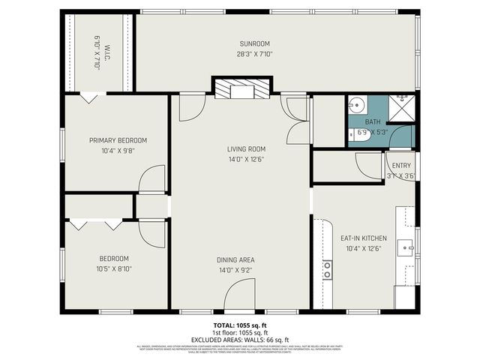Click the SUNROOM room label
tap(254, 43)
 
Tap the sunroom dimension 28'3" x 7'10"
tap(254, 53)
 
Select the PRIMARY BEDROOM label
tap(118, 140)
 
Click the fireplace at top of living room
tap(240, 90)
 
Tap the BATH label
tap(373, 122)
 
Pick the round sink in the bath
tap(357, 105)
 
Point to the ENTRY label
tap(400, 166)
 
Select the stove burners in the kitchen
tap(327, 270)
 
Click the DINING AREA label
tap(241, 260)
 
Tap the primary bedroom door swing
tap(152, 179)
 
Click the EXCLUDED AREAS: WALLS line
tap(240, 339)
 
